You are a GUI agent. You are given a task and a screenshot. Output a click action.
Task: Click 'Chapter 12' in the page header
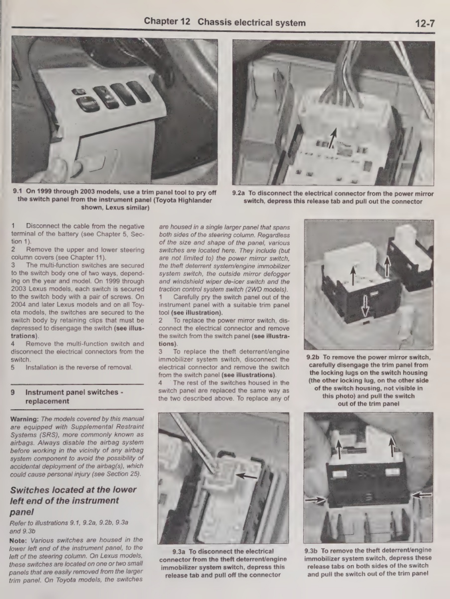[x=167, y=21]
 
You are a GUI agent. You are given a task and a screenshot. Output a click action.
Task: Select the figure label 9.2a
[x=239, y=193]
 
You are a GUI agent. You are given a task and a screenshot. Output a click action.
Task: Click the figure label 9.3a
[x=179, y=552]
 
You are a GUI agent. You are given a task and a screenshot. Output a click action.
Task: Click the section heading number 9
[x=13, y=392]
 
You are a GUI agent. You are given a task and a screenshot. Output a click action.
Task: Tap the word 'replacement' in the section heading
[x=47, y=401]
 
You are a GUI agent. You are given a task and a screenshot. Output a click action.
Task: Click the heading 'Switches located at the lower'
[x=73, y=490]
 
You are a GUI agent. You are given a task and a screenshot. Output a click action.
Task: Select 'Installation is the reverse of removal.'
[x=79, y=367]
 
